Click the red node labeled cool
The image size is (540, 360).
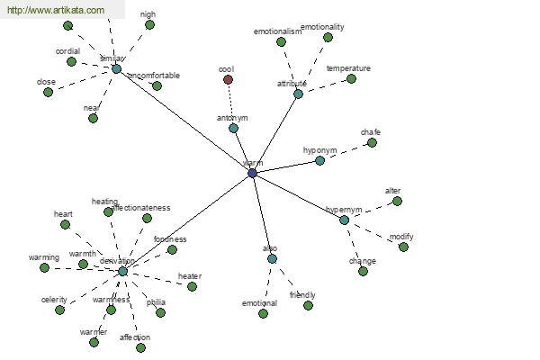[229, 79]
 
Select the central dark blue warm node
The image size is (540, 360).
[252, 173]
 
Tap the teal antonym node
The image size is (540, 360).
[233, 128]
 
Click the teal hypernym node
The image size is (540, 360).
[344, 220]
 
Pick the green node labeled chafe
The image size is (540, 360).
[372, 142]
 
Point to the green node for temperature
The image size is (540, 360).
[351, 78]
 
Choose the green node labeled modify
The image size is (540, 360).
[403, 247]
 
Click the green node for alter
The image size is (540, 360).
[397, 201]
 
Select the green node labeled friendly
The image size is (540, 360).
[308, 305]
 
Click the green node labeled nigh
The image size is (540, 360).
[149, 24]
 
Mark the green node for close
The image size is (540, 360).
[48, 92]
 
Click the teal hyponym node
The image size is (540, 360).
[319, 160]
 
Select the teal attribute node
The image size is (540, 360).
[298, 94]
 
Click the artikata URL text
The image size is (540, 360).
[54, 10]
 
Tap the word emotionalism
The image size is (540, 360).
[277, 31]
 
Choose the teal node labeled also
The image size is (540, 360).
[272, 258]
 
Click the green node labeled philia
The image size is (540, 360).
[160, 312]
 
